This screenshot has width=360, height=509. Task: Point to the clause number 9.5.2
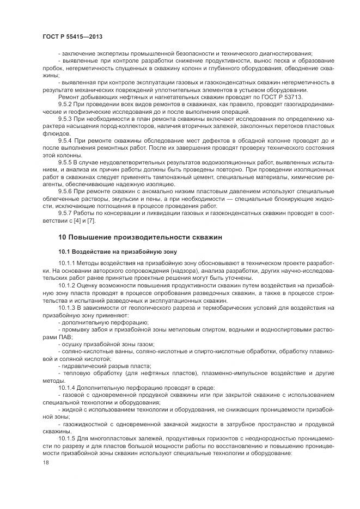(65, 103)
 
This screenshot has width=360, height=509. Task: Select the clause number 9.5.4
(65, 140)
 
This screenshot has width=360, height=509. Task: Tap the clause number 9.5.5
(65, 163)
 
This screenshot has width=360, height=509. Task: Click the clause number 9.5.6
(65, 192)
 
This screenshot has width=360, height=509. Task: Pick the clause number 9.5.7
(65, 214)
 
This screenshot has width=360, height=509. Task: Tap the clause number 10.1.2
(67, 285)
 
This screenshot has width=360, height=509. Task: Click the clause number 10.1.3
(67, 307)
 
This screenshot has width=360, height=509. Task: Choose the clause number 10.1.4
(67, 387)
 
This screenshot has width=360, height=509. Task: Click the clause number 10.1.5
(67, 437)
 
